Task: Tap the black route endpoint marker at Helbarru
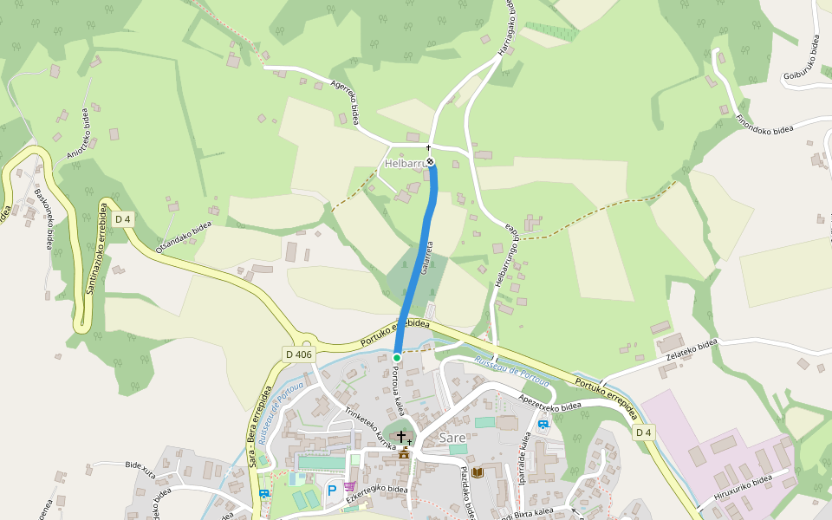pyautogui.click(x=430, y=161)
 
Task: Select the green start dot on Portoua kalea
pyautogui.click(x=397, y=357)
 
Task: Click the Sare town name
pyautogui.click(x=452, y=438)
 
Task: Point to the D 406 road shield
pyautogui.click(x=297, y=354)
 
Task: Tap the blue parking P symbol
pyautogui.click(x=331, y=491)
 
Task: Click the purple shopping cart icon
pyautogui.click(x=349, y=486)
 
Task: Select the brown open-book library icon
pyautogui.click(x=476, y=471)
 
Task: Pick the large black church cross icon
pyautogui.click(x=401, y=436)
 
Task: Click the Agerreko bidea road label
pyautogui.click(x=345, y=102)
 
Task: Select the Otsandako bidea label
pyautogui.click(x=184, y=237)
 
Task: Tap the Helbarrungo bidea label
pyautogui.click(x=505, y=257)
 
